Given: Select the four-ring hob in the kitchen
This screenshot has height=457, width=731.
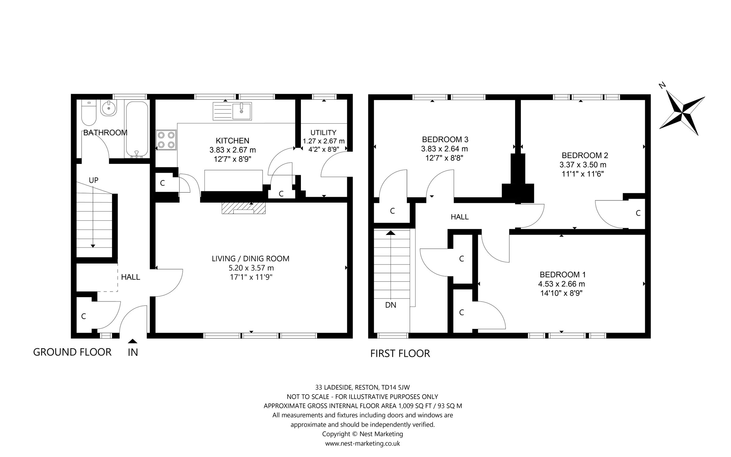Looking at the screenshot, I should tap(166, 140).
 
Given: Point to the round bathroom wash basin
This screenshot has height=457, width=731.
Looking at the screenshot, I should tap(109, 108).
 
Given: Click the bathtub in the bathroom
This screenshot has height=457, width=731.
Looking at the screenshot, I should tap(137, 129).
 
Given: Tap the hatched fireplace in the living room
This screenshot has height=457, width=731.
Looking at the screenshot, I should tap(243, 208).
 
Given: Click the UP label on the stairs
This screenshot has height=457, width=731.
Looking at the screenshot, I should tap(94, 180).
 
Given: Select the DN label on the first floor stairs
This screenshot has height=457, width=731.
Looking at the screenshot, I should tap(391, 305).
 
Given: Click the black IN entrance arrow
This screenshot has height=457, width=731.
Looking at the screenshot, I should tap(132, 341).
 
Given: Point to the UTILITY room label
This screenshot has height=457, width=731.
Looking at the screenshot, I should tap(323, 133).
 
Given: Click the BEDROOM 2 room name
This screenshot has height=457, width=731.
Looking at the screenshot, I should tap(585, 155).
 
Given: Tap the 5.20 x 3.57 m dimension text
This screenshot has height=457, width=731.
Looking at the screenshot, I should tap(251, 268).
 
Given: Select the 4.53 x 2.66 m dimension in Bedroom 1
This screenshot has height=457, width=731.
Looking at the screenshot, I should tap(561, 284).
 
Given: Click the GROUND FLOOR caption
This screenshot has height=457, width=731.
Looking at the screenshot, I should tap(72, 352).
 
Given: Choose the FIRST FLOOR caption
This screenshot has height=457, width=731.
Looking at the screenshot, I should tap(400, 353).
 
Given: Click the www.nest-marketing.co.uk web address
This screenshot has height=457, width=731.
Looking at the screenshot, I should tap(362, 443).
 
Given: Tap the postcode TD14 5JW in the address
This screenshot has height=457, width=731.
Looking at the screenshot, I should tap(395, 388).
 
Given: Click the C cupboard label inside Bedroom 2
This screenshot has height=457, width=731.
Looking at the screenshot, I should tap(638, 213).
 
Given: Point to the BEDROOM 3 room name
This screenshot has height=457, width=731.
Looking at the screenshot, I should tap(445, 140).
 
